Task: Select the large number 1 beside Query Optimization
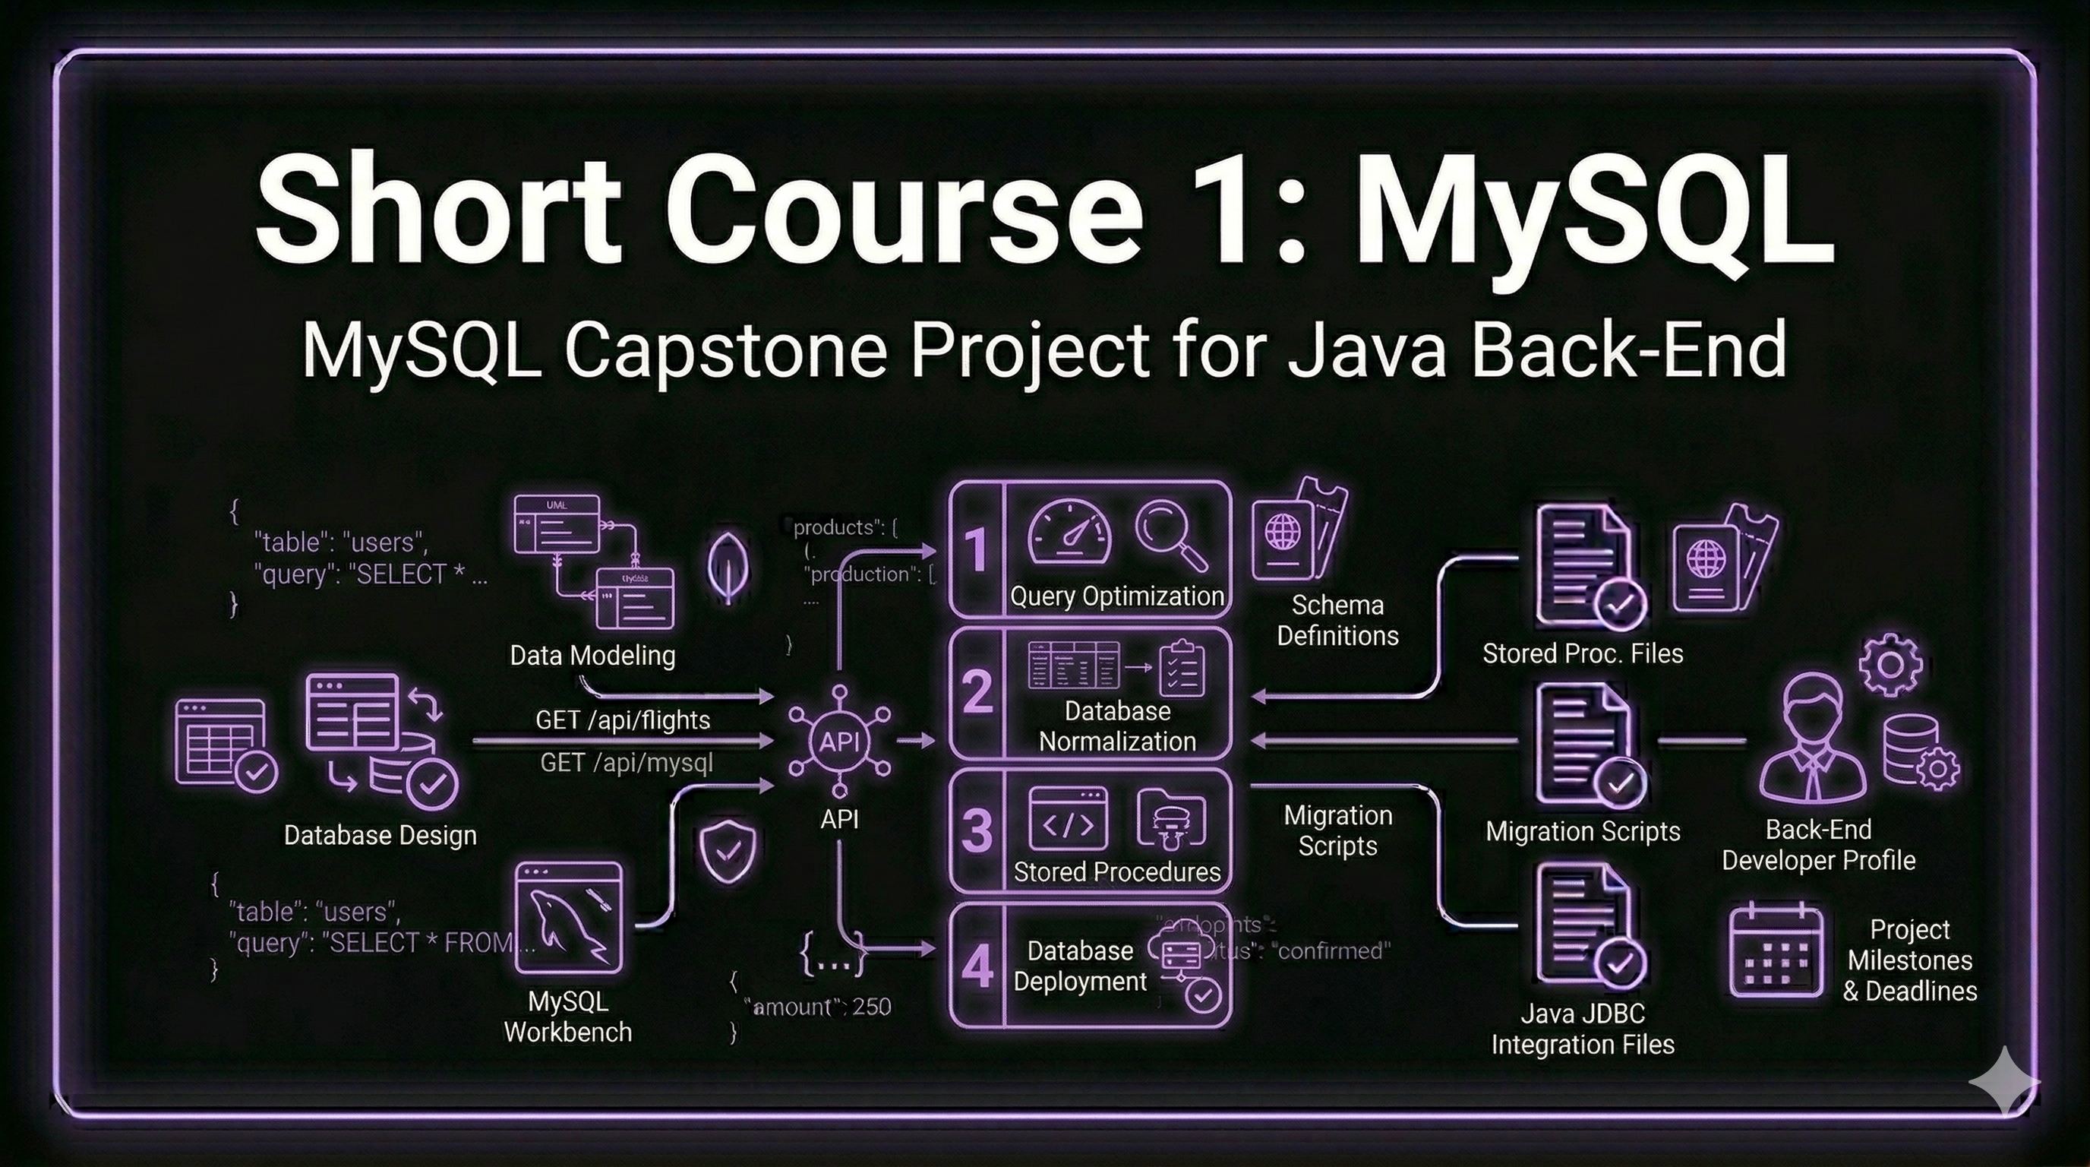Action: point(976,550)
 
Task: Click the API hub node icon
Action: point(839,741)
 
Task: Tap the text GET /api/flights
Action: point(622,719)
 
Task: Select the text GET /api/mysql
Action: point(627,763)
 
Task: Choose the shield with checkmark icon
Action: point(728,850)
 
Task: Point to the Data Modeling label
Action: point(592,655)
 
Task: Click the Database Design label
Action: point(380,835)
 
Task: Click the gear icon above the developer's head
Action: point(1890,665)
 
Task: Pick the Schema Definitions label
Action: point(1337,620)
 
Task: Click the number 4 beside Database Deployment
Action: point(977,966)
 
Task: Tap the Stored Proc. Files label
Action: point(1582,653)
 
